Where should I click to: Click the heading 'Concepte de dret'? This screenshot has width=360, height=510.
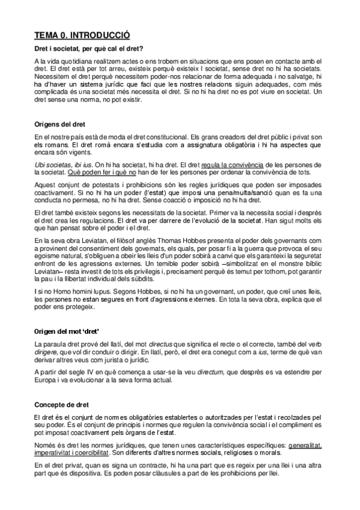61,406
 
